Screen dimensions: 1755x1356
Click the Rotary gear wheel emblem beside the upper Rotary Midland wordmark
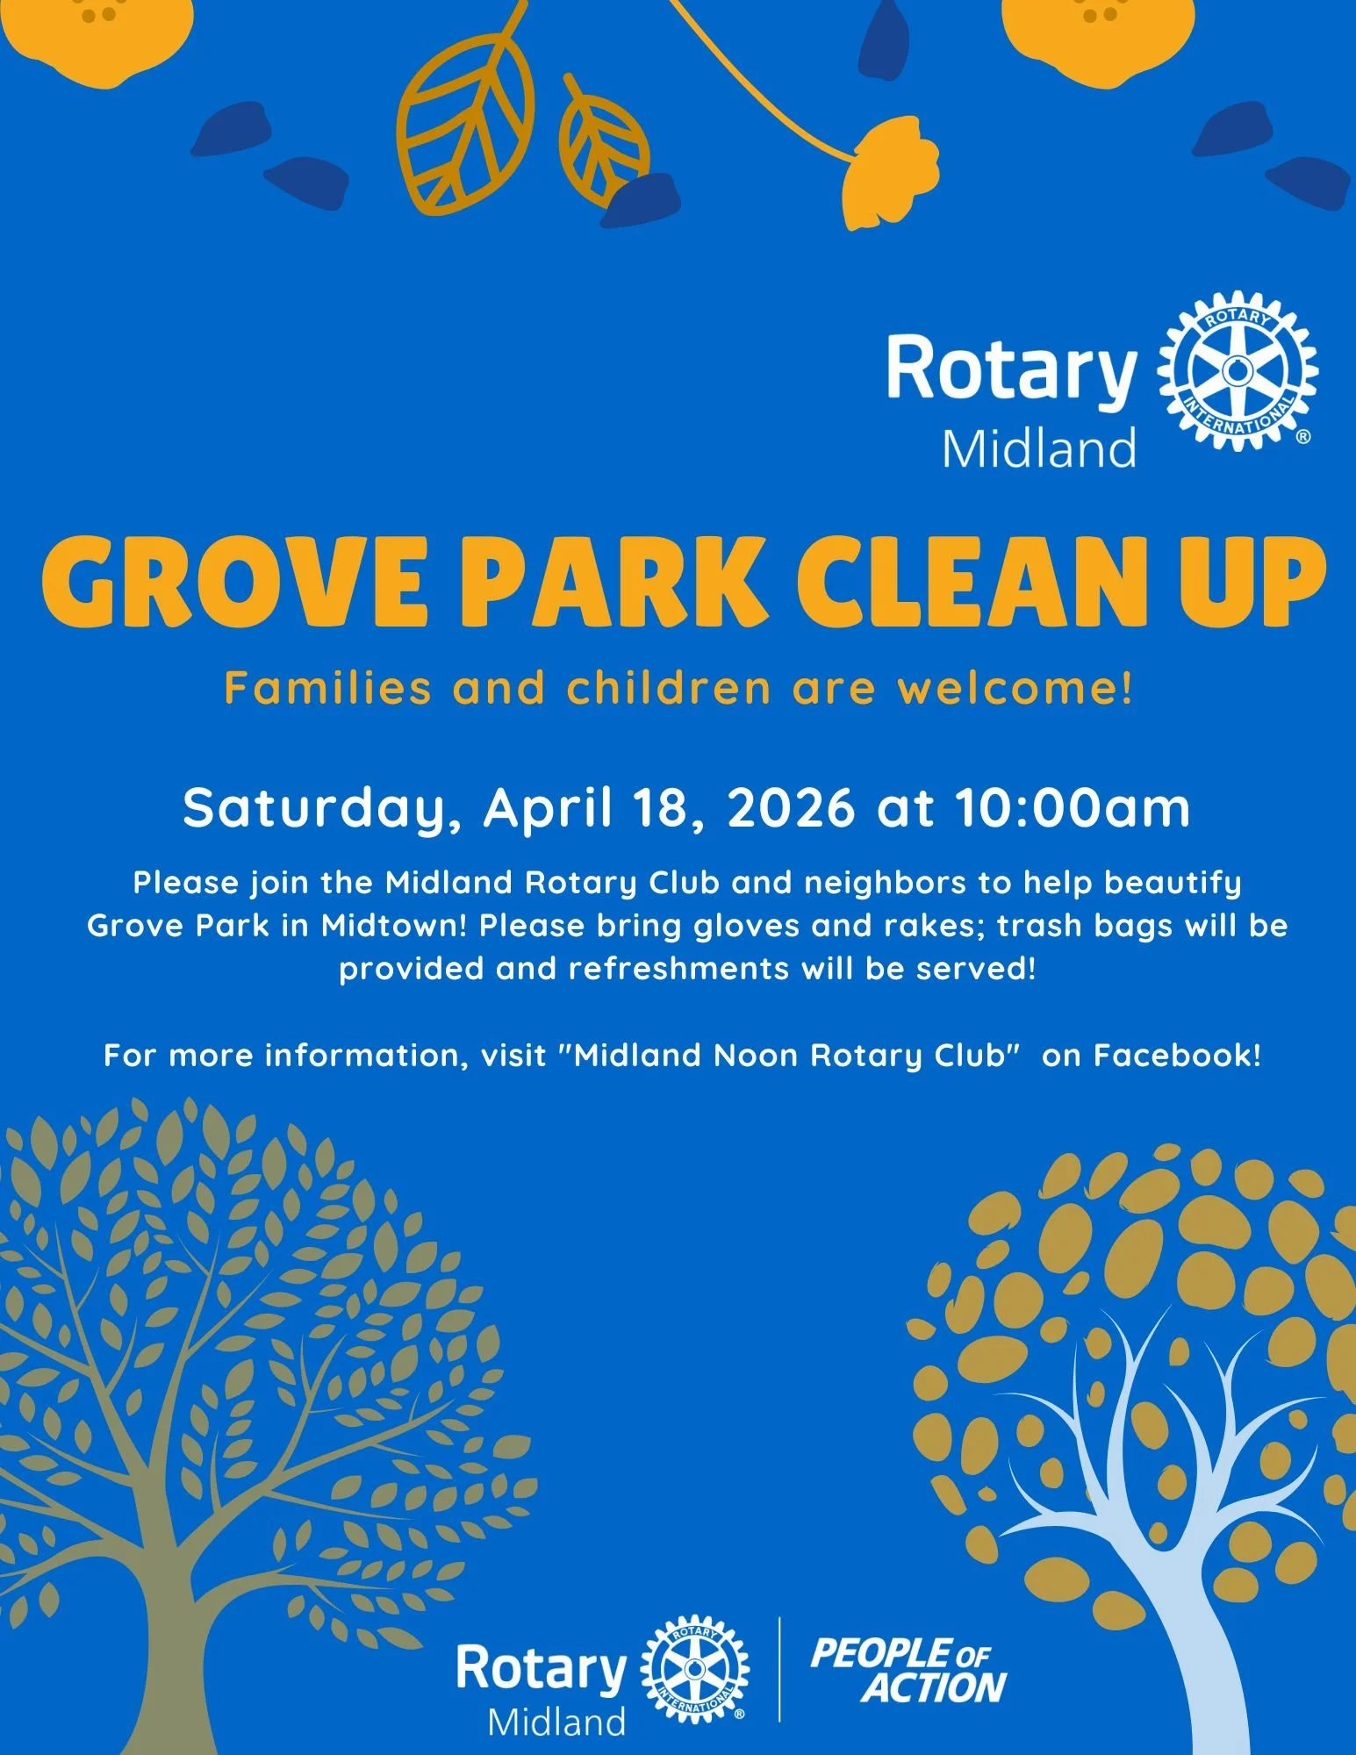(1238, 372)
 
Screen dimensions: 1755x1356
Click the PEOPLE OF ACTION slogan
(908, 1670)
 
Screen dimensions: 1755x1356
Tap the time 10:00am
(1072, 808)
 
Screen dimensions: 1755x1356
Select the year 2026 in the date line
(791, 808)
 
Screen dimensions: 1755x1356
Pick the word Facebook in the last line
(1175, 1055)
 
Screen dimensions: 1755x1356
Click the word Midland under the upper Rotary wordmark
(1039, 448)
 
